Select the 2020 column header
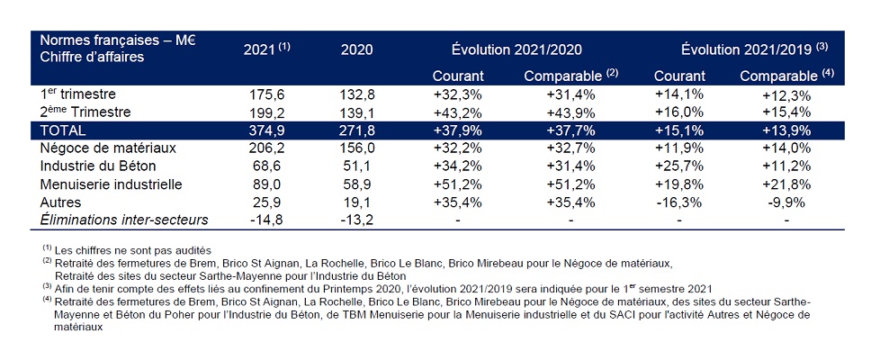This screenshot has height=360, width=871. click(356, 49)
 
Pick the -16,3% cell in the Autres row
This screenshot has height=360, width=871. click(674, 201)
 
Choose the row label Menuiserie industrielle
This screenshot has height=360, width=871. click(112, 184)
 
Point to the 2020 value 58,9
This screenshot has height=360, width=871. click(357, 184)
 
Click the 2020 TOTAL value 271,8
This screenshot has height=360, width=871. click(357, 130)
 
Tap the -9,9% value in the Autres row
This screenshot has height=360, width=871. click(788, 201)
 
